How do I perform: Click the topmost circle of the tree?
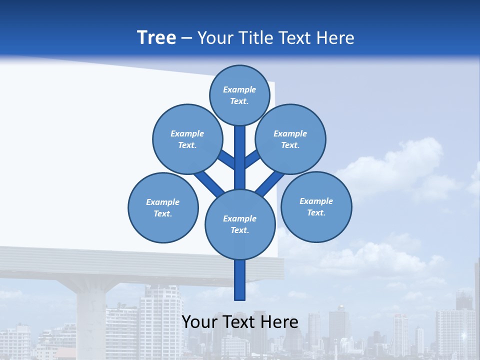click(x=239, y=95)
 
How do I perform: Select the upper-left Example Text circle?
click(x=187, y=139)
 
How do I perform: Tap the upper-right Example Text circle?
click(x=290, y=139)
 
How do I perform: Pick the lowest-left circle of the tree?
click(x=163, y=207)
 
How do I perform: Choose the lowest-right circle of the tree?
click(x=316, y=206)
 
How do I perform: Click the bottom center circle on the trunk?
click(x=240, y=224)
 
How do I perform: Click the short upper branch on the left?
click(x=226, y=159)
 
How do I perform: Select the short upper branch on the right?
click(x=252, y=159)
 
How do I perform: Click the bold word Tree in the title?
click(x=156, y=37)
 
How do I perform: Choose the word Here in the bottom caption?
click(x=278, y=322)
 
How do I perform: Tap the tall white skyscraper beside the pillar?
click(x=160, y=320)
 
